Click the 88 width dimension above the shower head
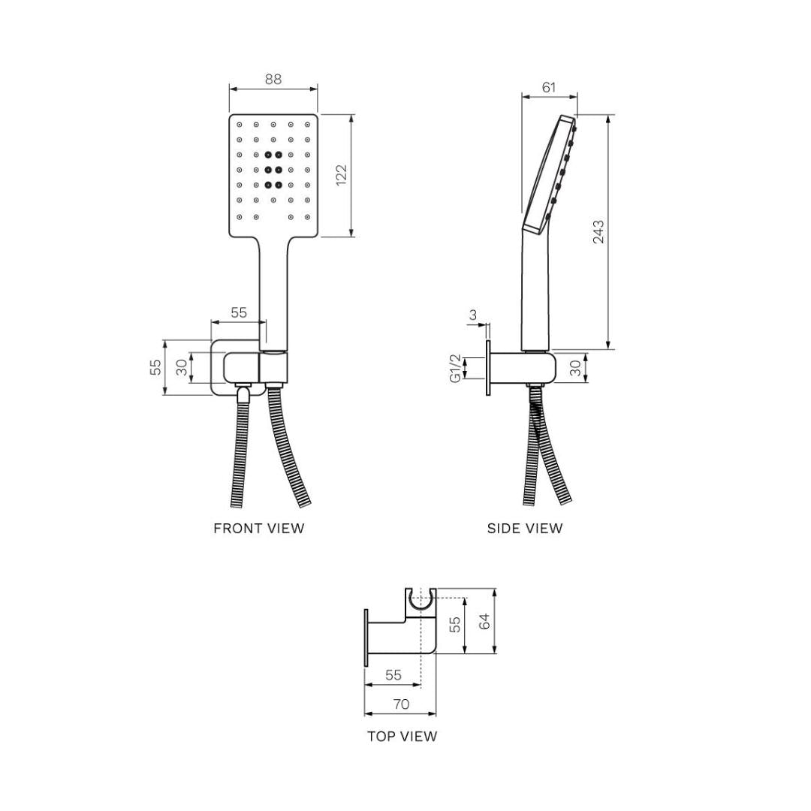(x=273, y=79)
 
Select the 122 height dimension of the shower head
(x=341, y=176)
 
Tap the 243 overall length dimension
(x=598, y=232)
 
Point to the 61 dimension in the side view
(x=549, y=87)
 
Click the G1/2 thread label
(x=455, y=368)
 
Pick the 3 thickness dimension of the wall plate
(x=473, y=315)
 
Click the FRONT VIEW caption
(x=259, y=528)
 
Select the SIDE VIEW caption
(x=524, y=528)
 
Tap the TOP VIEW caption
(x=402, y=736)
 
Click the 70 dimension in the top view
(x=401, y=704)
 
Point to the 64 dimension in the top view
(x=484, y=621)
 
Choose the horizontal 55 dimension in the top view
(x=393, y=675)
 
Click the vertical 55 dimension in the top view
(x=455, y=625)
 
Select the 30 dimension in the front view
(x=182, y=367)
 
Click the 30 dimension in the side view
(x=576, y=369)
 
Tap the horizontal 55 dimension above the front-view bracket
(x=238, y=312)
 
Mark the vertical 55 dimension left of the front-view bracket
(x=155, y=367)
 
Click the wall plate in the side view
(x=488, y=368)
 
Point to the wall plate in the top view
(x=366, y=637)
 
